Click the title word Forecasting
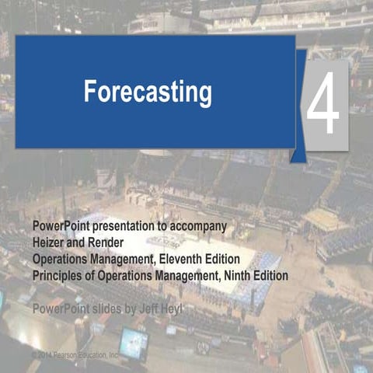(148, 92)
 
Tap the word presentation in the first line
(124, 225)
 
